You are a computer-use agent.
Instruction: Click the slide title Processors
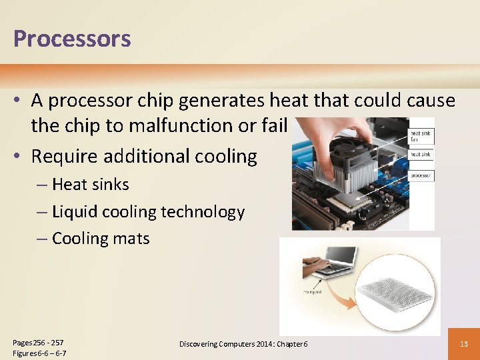click(x=72, y=39)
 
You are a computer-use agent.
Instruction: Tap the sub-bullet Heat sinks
click(x=90, y=184)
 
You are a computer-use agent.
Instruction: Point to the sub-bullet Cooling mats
click(x=100, y=239)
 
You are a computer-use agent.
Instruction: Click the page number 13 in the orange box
click(x=464, y=343)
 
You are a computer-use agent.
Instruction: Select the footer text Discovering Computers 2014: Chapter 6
click(x=243, y=343)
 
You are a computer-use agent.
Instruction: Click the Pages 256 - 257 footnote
click(x=39, y=342)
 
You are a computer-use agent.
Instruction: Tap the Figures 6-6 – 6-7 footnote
click(x=39, y=353)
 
